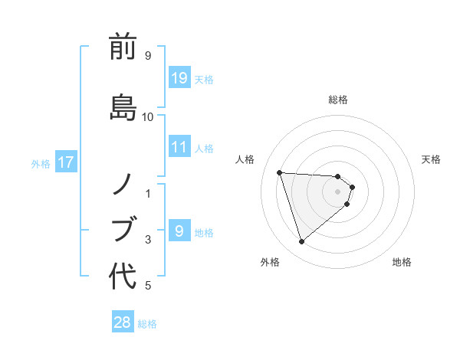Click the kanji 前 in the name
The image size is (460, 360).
point(123,47)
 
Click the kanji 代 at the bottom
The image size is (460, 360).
point(123,276)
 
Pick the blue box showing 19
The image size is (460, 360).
point(179,77)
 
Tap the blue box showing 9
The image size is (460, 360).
point(179,231)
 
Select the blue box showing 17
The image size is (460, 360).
point(66,162)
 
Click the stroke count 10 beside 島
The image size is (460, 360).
point(147,117)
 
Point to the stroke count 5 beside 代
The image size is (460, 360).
point(147,286)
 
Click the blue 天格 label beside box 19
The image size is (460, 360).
point(204,79)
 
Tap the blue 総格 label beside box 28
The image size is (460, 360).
point(147,324)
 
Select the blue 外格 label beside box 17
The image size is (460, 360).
point(41,163)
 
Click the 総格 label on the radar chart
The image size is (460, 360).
point(338,100)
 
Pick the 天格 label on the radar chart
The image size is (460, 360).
point(431,159)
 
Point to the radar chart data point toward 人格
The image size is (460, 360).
point(280,172)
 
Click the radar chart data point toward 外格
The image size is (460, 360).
point(302,242)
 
